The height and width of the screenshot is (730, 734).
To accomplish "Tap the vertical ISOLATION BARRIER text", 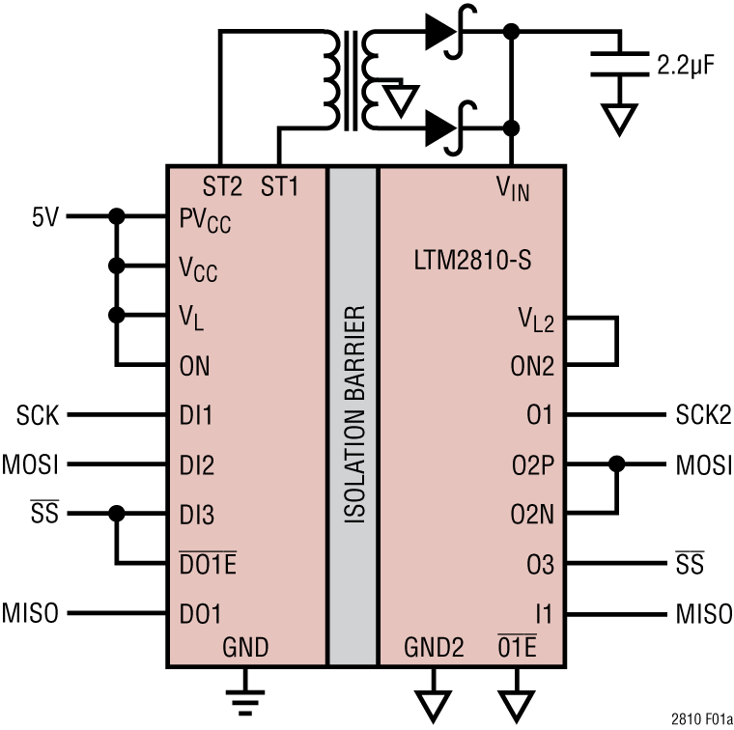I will [353, 416].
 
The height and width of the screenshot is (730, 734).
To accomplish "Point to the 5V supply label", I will [44, 216].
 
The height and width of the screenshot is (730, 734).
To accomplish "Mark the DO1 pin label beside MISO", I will [200, 613].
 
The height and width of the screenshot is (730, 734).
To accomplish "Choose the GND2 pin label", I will [433, 647].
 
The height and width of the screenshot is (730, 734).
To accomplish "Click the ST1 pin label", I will [279, 186].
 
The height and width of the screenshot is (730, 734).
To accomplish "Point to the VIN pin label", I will [512, 188].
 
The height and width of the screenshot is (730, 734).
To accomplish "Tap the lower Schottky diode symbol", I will [444, 126].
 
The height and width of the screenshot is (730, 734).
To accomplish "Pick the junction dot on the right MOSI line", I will [616, 465].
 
